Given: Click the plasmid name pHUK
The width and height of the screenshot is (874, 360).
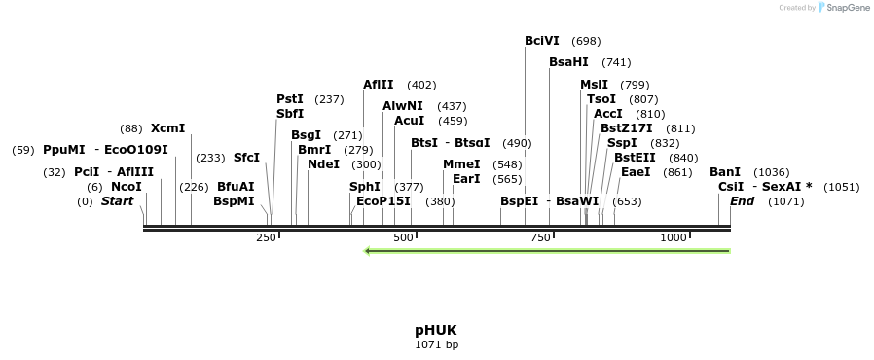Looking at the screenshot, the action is pos(435,330).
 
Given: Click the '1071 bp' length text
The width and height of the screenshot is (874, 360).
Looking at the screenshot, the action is pos(435,344).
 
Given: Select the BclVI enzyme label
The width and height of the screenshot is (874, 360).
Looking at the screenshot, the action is pos(542,41).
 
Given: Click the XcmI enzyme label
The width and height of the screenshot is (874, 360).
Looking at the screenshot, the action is pos(167,128).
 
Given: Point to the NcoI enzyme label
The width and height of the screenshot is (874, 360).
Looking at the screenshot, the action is pos(126,187).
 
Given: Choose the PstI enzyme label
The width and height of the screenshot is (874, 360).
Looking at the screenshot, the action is pos(290,99).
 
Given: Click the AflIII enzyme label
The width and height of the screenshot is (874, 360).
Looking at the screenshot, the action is pos(379,85).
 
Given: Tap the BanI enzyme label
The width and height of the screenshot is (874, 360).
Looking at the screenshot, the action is pos(725,172).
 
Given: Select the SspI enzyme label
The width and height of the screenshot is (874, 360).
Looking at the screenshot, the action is pos(622,143).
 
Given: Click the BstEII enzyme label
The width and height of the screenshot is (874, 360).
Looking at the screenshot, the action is pos(636,158).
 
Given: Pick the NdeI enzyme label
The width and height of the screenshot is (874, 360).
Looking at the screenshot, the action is pos(323,164).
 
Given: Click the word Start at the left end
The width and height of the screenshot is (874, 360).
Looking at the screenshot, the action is pos(117,201).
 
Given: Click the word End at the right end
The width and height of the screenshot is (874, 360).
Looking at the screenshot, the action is pos(742,201).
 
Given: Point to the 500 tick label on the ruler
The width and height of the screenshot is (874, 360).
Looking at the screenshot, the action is pos(402,237).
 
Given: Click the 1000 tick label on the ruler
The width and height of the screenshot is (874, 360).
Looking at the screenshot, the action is pos(674,237).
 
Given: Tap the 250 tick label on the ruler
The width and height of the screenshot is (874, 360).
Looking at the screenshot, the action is pos(266,237).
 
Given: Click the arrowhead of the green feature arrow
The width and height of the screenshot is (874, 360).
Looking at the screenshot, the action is pos(368,251).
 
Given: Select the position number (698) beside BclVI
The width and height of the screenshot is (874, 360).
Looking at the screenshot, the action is pos(586,41).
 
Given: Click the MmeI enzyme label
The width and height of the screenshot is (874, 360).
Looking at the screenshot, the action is pos(461,164).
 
